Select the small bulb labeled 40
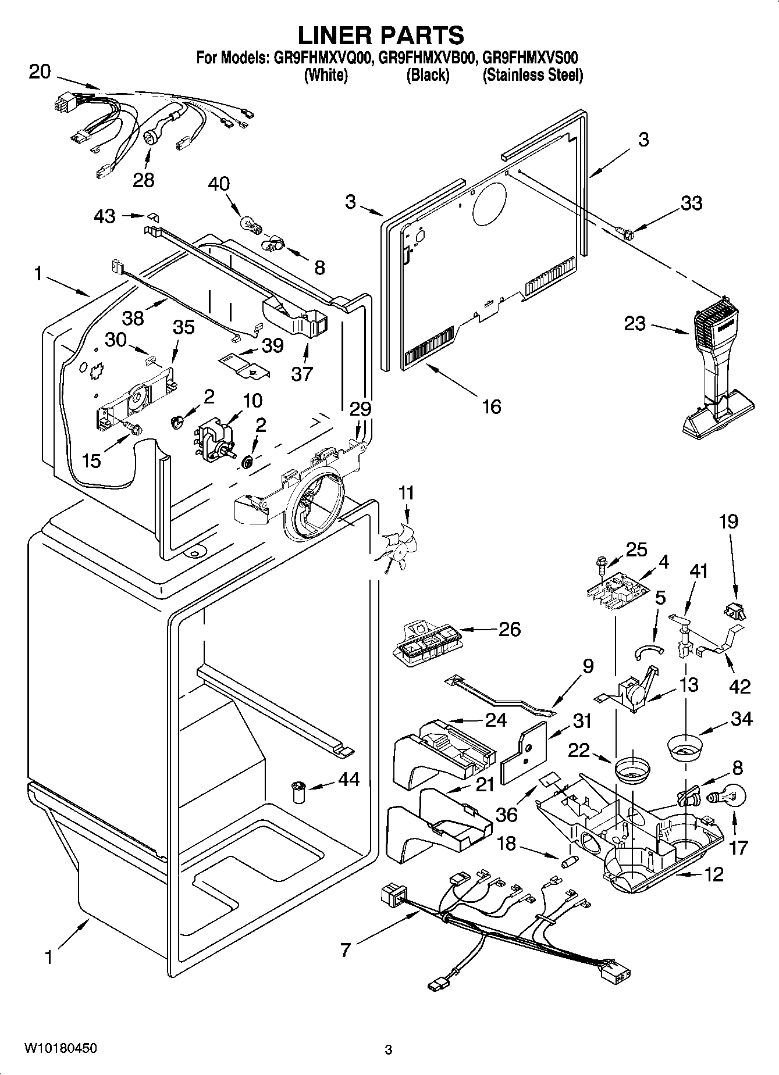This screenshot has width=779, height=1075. pos(249,223)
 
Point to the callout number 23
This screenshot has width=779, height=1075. pos(635,323)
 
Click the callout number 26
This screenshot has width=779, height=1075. pos(509,629)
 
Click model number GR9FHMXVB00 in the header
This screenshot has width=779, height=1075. pos(428,58)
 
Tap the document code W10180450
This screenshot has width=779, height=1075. pos(61,1048)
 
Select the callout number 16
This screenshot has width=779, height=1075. pos(492,406)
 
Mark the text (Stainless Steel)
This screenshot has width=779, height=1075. pos(532,75)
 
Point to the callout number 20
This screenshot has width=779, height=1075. pos(40,73)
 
